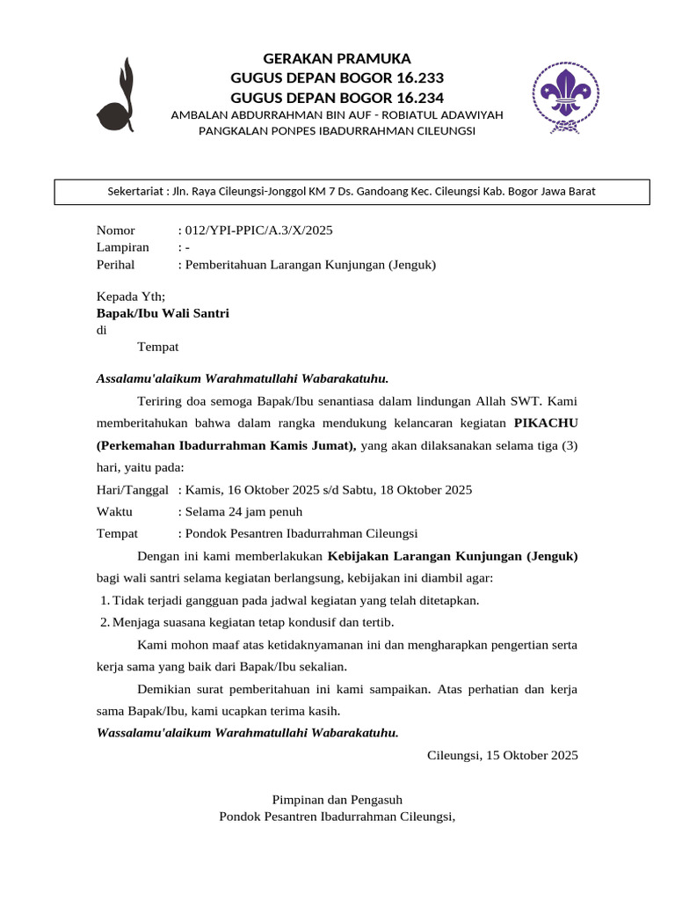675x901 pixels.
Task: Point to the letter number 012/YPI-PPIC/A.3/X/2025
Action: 259,231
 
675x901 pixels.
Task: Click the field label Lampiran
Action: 122,247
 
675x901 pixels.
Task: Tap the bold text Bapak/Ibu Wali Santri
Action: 163,313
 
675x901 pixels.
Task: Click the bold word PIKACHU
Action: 546,423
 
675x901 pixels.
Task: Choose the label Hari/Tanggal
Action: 132,489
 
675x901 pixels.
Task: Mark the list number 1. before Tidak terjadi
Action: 105,600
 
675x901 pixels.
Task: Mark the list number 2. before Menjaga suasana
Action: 105,622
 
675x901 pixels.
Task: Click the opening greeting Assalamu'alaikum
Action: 149,379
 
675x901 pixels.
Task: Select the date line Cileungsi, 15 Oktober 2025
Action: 502,755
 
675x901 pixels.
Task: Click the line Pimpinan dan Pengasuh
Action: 337,800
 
